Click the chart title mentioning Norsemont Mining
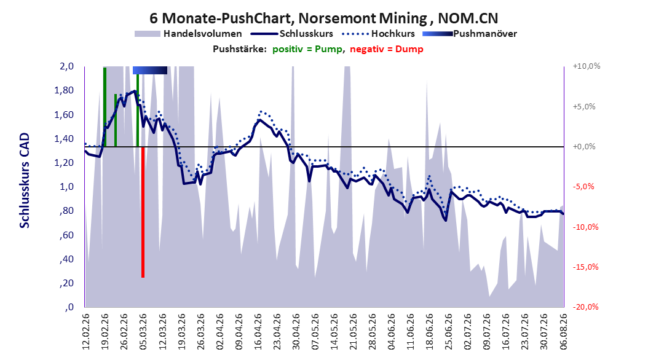click(x=323, y=18)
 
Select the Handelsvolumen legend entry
click(x=189, y=34)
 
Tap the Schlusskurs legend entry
click(x=292, y=34)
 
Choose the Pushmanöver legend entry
click(x=470, y=34)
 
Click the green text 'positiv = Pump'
click(x=307, y=49)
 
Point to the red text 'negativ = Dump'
click(x=387, y=49)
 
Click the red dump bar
click(x=143, y=212)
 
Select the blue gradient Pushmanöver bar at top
click(x=150, y=70)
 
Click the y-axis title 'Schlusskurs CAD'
click(x=25, y=181)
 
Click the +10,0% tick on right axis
click(x=586, y=66)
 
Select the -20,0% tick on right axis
click(x=586, y=307)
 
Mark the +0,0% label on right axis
click(x=584, y=147)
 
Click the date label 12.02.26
click(x=86, y=332)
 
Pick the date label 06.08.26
click(x=563, y=332)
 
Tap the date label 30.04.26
click(x=296, y=332)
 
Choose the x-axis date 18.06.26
click(x=429, y=332)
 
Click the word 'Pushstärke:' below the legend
click(x=240, y=49)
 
